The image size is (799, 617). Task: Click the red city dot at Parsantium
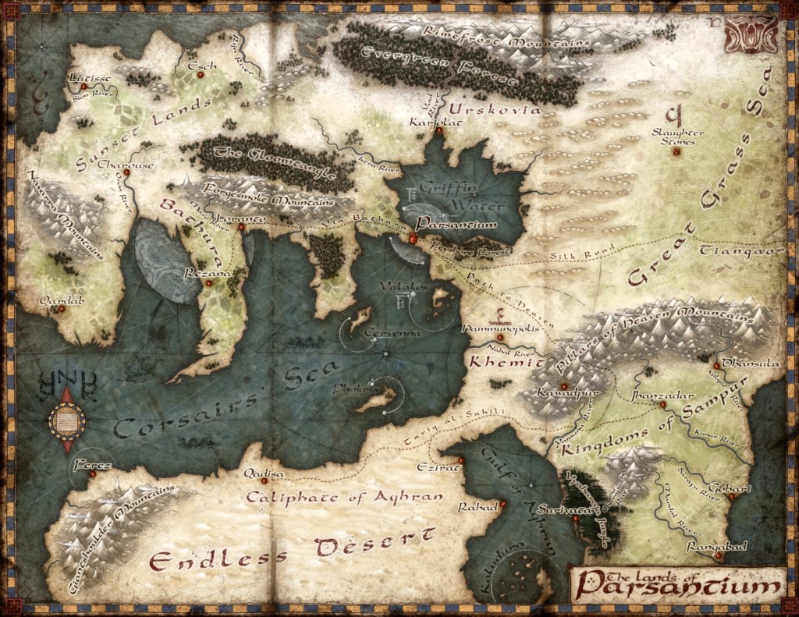click(x=413, y=237)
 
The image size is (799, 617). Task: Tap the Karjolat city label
click(x=431, y=122)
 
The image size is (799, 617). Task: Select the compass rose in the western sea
click(x=67, y=420)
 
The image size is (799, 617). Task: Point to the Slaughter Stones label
click(x=677, y=138)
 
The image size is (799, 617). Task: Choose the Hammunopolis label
click(x=500, y=328)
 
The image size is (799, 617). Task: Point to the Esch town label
click(x=207, y=66)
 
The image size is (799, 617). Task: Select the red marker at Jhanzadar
click(x=662, y=406)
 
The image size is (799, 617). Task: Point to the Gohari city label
click(x=734, y=488)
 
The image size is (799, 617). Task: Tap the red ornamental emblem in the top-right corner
click(x=751, y=33)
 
